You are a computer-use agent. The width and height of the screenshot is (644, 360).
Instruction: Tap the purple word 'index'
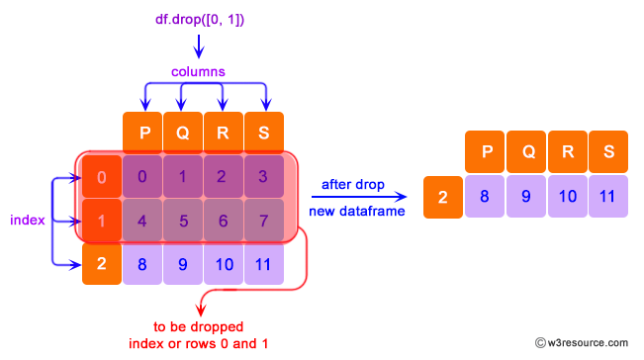[28, 220]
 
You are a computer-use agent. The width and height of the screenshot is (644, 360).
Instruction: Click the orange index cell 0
[101, 177]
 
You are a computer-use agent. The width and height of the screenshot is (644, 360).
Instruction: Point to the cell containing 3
[263, 177]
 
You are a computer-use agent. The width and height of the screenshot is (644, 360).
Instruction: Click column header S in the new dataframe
[606, 153]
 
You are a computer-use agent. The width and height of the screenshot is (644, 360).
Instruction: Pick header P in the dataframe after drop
[485, 153]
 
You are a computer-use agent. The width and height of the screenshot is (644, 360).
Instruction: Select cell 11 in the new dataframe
[606, 197]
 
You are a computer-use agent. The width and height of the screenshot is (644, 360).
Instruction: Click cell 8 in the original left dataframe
[142, 264]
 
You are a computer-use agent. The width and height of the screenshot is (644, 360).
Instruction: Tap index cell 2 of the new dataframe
[442, 197]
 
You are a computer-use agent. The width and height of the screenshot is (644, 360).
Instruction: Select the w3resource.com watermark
[587, 342]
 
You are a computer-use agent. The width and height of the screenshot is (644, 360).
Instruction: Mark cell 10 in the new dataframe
[566, 197]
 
